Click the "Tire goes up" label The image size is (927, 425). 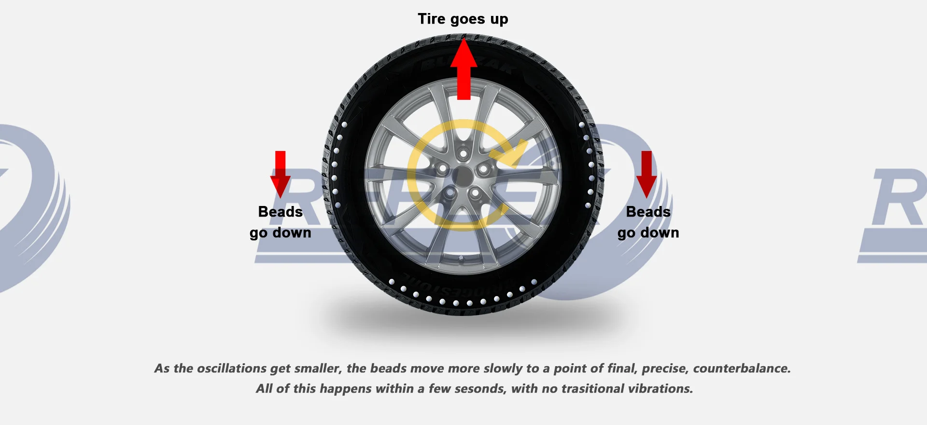click(x=463, y=19)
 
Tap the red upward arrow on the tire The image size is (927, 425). click(x=463, y=70)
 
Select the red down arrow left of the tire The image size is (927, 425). click(x=280, y=174)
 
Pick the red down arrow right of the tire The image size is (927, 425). click(x=646, y=174)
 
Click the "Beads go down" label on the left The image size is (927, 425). click(x=280, y=222)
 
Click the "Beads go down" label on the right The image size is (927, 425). click(x=648, y=222)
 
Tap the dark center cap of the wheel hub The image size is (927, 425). click(x=463, y=177)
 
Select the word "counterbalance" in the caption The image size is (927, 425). click(x=741, y=369)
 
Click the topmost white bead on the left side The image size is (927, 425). click(x=345, y=124)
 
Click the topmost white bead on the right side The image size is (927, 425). click(x=581, y=124)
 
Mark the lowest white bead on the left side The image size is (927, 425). click(x=337, y=205)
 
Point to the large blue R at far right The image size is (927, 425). click(x=898, y=198)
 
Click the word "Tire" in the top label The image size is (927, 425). click(x=431, y=19)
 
